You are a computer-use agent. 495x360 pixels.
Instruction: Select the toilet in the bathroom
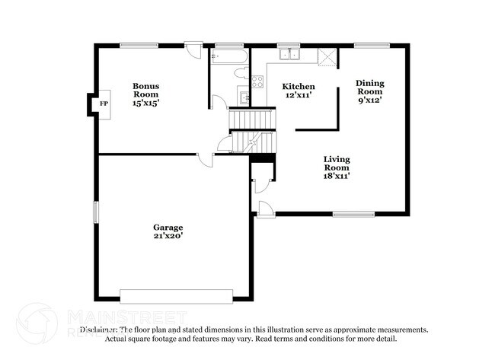tap(241, 73)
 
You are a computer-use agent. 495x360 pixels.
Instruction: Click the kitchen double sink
tap(289, 54)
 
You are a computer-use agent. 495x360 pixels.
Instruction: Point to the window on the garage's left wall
tap(96, 212)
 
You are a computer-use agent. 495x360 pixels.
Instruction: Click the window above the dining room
tap(372, 46)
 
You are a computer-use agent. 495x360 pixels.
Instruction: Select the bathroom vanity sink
tap(244, 97)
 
